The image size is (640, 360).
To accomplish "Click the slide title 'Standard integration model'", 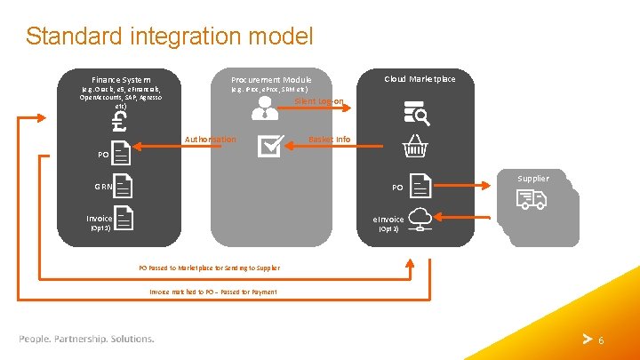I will coord(169,36).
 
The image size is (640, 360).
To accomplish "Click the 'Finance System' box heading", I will coord(122,79).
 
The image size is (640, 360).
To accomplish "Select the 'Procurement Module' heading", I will coord(271,79).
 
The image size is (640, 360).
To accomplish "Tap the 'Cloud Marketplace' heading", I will coord(420,79).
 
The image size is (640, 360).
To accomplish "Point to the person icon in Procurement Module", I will coord(265,108).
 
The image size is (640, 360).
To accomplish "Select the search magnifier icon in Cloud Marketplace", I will coord(417,113).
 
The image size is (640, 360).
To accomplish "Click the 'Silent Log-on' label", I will coord(319,101).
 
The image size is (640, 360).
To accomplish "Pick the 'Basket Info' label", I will coord(330,140).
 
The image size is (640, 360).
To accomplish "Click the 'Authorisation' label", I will coord(210,140).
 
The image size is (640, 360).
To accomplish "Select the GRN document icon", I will coord(124,186).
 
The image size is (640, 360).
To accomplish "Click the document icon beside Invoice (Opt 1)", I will coord(124,218).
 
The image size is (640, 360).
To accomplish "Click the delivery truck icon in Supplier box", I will coord(531,201).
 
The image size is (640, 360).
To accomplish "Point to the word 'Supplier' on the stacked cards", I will coord(533,179).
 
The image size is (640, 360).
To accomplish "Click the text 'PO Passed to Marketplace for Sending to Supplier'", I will coord(209,268).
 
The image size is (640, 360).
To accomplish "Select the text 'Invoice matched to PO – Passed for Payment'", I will coord(213,292).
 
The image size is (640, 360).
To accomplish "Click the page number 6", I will coord(601,340).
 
